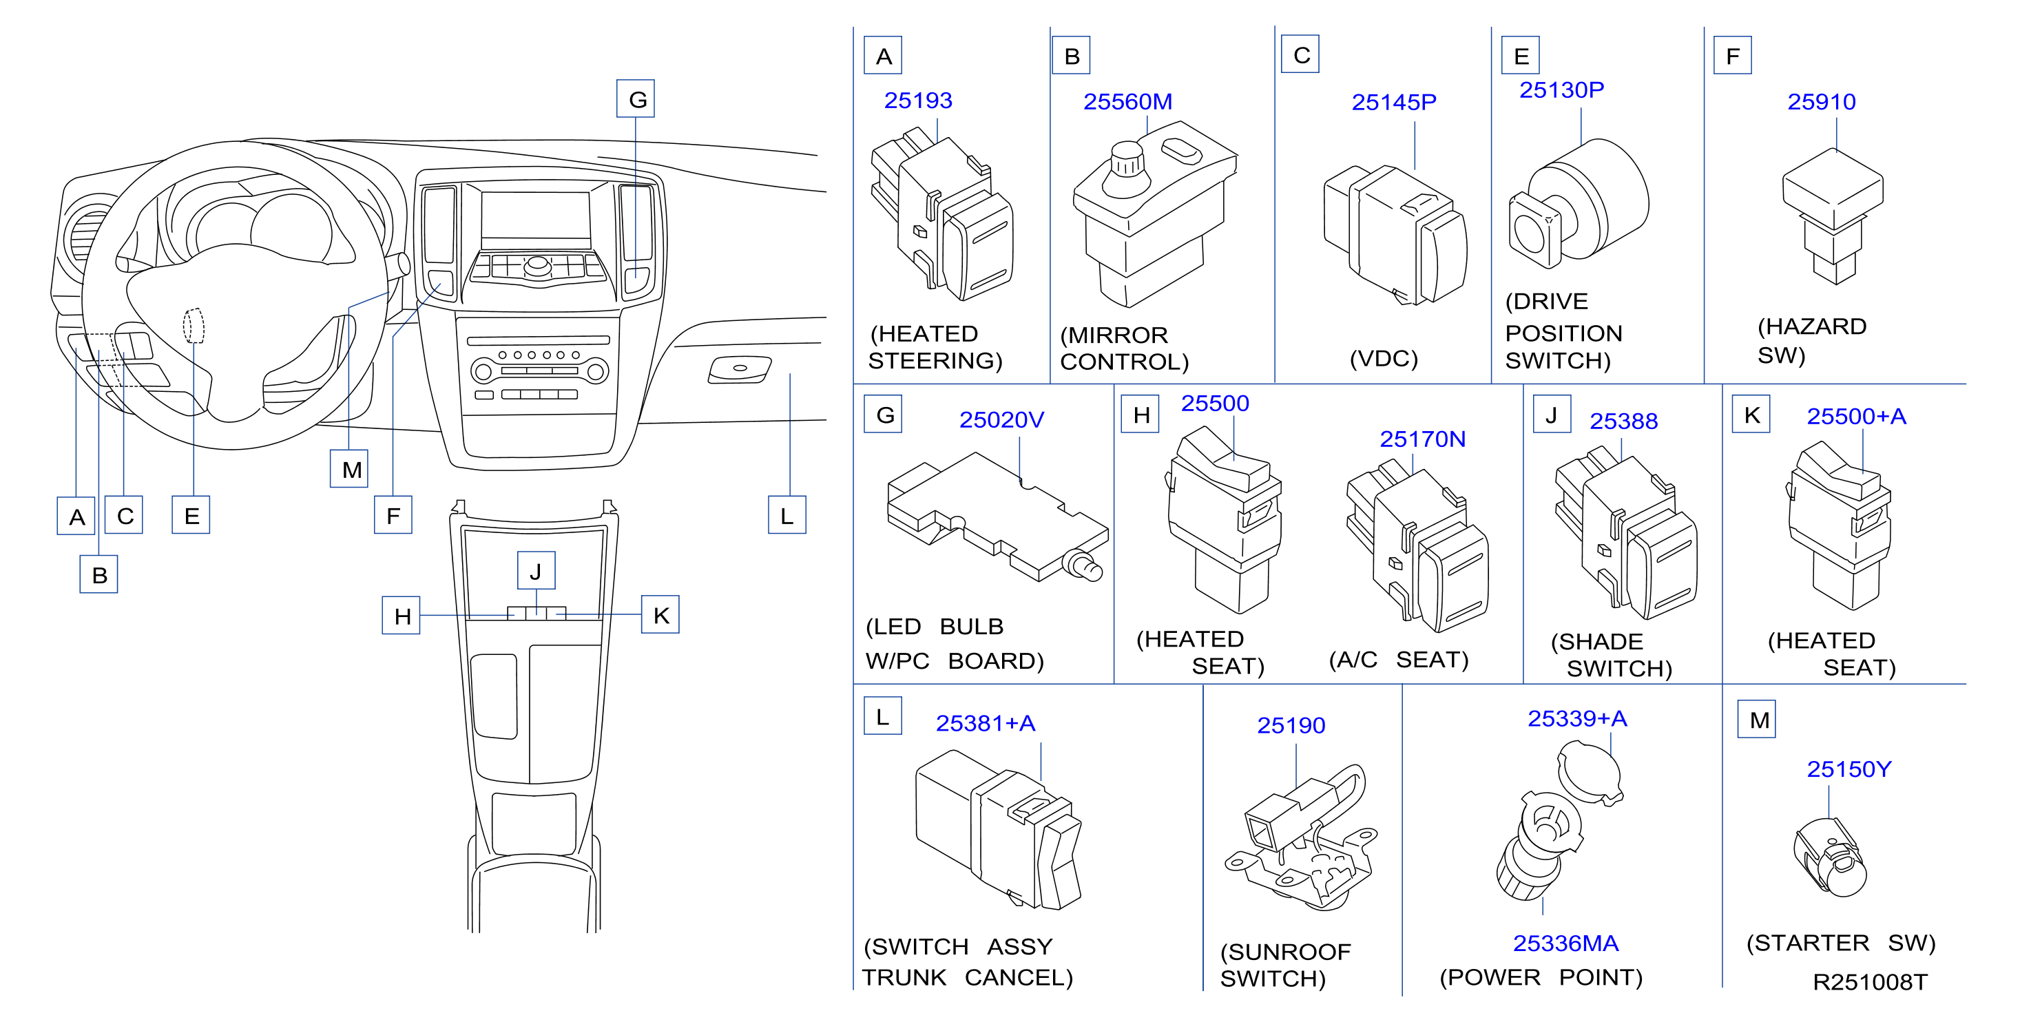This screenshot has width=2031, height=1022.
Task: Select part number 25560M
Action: click(1127, 102)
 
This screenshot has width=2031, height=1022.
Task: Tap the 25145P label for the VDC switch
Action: click(1394, 102)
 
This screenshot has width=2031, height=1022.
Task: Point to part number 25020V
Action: click(1001, 419)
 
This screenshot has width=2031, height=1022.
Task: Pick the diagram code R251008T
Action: click(1870, 983)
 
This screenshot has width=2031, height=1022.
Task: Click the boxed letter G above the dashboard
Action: click(636, 99)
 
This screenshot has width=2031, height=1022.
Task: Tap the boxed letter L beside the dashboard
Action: click(787, 516)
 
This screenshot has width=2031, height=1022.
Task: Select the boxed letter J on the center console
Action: click(536, 571)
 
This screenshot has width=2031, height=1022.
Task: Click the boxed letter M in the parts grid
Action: click(1758, 720)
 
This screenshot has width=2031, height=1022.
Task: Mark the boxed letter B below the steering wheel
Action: click(98, 574)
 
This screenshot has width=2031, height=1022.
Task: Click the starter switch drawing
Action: click(1831, 858)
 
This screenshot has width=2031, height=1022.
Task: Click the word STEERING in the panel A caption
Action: click(935, 361)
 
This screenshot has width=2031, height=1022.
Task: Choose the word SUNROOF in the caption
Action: click(1286, 952)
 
